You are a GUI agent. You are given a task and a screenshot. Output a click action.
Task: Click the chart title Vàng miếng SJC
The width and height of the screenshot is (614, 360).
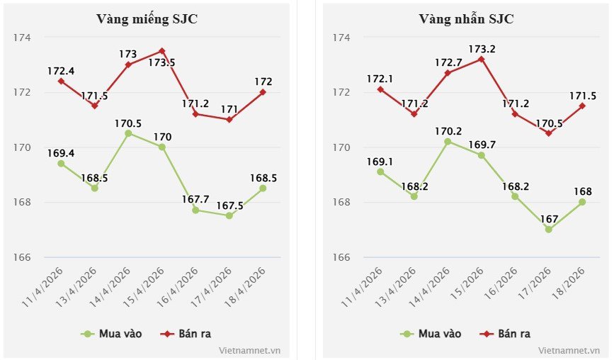click(x=147, y=18)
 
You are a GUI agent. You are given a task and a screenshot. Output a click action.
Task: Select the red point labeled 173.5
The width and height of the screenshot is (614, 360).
click(x=162, y=51)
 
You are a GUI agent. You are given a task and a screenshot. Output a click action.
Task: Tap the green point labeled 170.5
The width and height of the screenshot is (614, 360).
click(x=128, y=133)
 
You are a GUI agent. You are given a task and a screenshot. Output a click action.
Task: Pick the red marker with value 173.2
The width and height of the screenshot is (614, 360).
click(x=482, y=59)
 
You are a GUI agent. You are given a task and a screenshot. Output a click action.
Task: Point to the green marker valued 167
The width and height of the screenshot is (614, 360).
click(x=549, y=230)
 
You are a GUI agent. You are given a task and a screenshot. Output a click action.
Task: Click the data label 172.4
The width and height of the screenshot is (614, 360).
click(x=61, y=71)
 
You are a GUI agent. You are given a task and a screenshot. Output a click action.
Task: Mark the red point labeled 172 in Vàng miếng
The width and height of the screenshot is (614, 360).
click(x=263, y=92)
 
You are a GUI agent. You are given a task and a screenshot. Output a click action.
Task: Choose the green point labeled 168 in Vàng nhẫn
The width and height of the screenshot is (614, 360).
click(x=582, y=202)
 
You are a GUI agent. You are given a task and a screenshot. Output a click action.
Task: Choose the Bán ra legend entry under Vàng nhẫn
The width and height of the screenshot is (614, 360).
click(x=505, y=333)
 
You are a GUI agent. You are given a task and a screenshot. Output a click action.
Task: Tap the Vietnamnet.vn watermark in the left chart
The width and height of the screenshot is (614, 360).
click(x=250, y=350)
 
